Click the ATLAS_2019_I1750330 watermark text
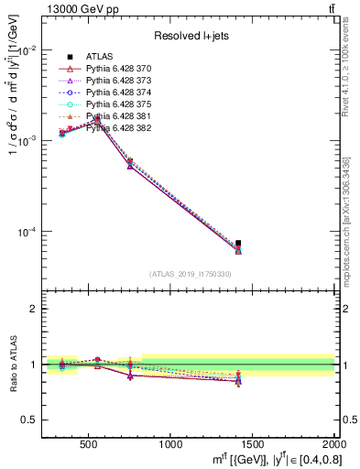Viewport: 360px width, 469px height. click(x=190, y=274)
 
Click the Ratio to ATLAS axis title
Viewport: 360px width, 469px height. click(x=13, y=364)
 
